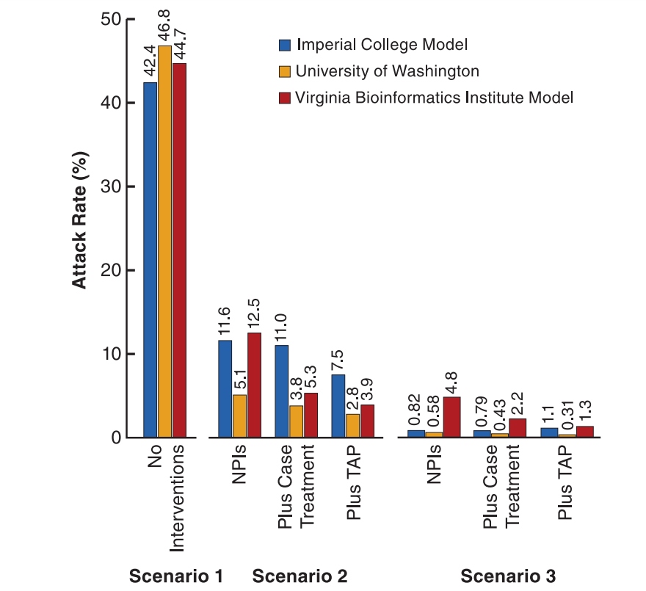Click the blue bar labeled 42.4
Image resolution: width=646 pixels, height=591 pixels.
coord(150,260)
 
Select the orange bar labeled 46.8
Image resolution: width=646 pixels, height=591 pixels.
coord(164,242)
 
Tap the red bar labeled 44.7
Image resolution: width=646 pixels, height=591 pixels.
coord(179,250)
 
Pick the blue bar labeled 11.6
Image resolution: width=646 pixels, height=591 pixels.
coord(225,389)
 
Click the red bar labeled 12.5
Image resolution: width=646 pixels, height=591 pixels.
coord(254,385)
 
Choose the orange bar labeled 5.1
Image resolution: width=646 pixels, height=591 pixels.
coord(239,416)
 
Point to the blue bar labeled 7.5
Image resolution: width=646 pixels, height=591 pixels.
coord(338,406)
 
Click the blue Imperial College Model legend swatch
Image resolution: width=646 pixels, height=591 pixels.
coord(285,45)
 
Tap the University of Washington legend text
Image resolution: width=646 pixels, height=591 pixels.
coord(387,71)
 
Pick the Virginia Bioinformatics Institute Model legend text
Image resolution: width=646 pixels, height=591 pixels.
coord(434,97)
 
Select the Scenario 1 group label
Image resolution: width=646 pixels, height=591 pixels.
coord(175,576)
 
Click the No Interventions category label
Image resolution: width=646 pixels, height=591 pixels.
coord(164,499)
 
